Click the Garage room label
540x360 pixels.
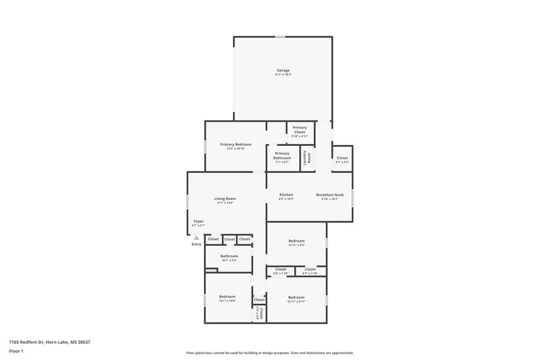[x=283, y=70]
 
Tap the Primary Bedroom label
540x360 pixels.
[x=236, y=145]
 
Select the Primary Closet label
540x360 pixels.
[x=300, y=129]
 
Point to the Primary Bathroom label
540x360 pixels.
[x=282, y=155]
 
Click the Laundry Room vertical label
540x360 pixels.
[x=306, y=159]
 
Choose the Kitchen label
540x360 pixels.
[x=286, y=195]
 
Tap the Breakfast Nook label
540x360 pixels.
[x=330, y=195]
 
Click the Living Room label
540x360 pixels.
[x=225, y=199]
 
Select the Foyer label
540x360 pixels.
[x=198, y=221]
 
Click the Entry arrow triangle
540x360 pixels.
[x=196, y=238]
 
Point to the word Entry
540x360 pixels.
[x=196, y=245]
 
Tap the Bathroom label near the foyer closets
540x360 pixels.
[x=230, y=256]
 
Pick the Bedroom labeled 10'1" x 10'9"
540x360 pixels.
[x=227, y=297]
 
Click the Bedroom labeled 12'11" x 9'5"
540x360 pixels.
[x=297, y=241]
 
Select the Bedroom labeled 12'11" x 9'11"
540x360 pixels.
[x=296, y=297]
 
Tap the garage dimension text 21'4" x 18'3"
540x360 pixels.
[x=283, y=74]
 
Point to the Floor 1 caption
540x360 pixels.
[x=16, y=352]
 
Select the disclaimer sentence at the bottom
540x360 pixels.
[x=270, y=353]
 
